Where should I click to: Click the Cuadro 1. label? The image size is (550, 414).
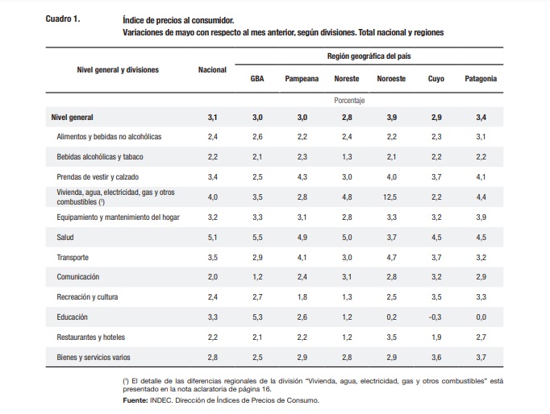63,19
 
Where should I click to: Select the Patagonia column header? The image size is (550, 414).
481,79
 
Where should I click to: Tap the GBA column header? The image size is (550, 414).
257,79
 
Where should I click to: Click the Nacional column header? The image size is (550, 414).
212,70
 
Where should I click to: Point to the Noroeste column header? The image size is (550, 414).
391,79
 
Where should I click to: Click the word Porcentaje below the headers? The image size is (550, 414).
349,101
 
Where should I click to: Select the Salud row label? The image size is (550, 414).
65,238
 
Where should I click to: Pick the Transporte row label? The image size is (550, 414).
73,258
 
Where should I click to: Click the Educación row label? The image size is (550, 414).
73,317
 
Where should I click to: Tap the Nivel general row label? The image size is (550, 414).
73,118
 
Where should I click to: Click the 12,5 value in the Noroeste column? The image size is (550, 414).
390,197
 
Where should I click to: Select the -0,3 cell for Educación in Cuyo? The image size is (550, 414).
435,317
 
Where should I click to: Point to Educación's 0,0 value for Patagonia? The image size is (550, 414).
481,317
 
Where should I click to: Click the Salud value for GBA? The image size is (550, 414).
257,238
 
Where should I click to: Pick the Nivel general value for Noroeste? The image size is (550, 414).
392,118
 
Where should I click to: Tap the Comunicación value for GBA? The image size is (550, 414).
257,277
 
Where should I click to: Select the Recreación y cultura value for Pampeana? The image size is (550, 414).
302,297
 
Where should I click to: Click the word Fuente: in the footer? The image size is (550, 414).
135,400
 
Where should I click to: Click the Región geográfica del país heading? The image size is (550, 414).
369,56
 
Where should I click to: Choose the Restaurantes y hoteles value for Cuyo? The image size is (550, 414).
436,337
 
